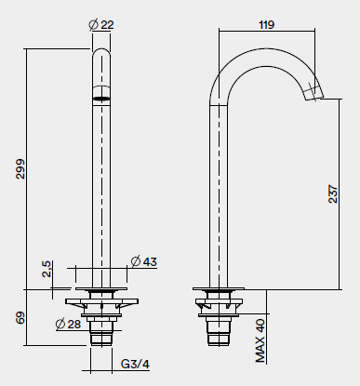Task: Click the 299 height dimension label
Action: [x=20, y=168]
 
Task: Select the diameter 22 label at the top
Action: [x=101, y=24]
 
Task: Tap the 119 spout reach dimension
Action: [x=267, y=24]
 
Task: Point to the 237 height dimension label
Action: [x=333, y=194]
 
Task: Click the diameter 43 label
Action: [x=144, y=261]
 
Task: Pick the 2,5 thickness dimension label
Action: [x=47, y=269]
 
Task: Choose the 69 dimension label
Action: [x=20, y=318]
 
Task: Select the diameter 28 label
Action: [x=68, y=324]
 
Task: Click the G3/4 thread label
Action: [x=135, y=364]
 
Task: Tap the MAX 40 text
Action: [x=260, y=340]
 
